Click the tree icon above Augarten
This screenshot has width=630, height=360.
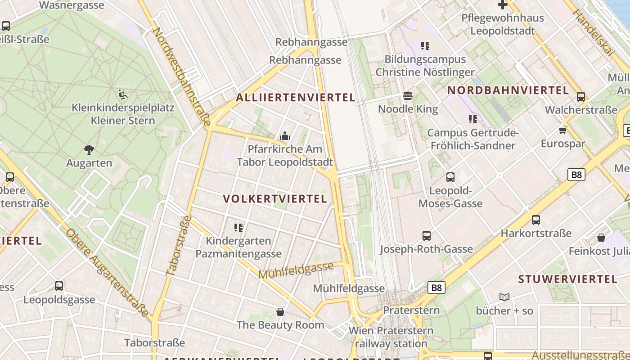click(89, 149)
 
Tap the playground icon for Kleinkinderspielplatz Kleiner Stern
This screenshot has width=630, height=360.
click(122, 94)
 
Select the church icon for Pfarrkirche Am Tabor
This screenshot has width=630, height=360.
click(284, 136)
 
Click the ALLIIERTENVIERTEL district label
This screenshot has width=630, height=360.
click(296, 98)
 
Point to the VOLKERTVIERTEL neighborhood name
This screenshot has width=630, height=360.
click(275, 199)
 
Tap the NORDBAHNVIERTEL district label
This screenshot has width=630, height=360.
click(508, 90)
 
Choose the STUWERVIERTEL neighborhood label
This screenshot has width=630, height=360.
click(567, 279)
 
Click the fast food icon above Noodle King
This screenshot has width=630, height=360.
click(408, 95)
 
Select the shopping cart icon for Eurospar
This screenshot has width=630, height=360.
click(562, 130)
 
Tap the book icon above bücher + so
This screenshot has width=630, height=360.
click(504, 297)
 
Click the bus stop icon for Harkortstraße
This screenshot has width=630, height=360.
click(535, 220)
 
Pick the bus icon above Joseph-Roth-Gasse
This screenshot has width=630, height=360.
click(426, 235)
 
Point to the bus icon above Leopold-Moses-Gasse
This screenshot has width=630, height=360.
click(450, 177)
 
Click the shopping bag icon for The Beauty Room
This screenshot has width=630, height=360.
click(280, 311)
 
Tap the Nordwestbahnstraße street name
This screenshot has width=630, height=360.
click(181, 76)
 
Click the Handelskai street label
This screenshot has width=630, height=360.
click(593, 32)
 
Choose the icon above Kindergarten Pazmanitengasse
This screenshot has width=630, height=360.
click(238, 228)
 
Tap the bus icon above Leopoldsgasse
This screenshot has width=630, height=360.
click(59, 286)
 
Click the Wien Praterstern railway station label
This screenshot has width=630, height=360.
click(391, 337)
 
